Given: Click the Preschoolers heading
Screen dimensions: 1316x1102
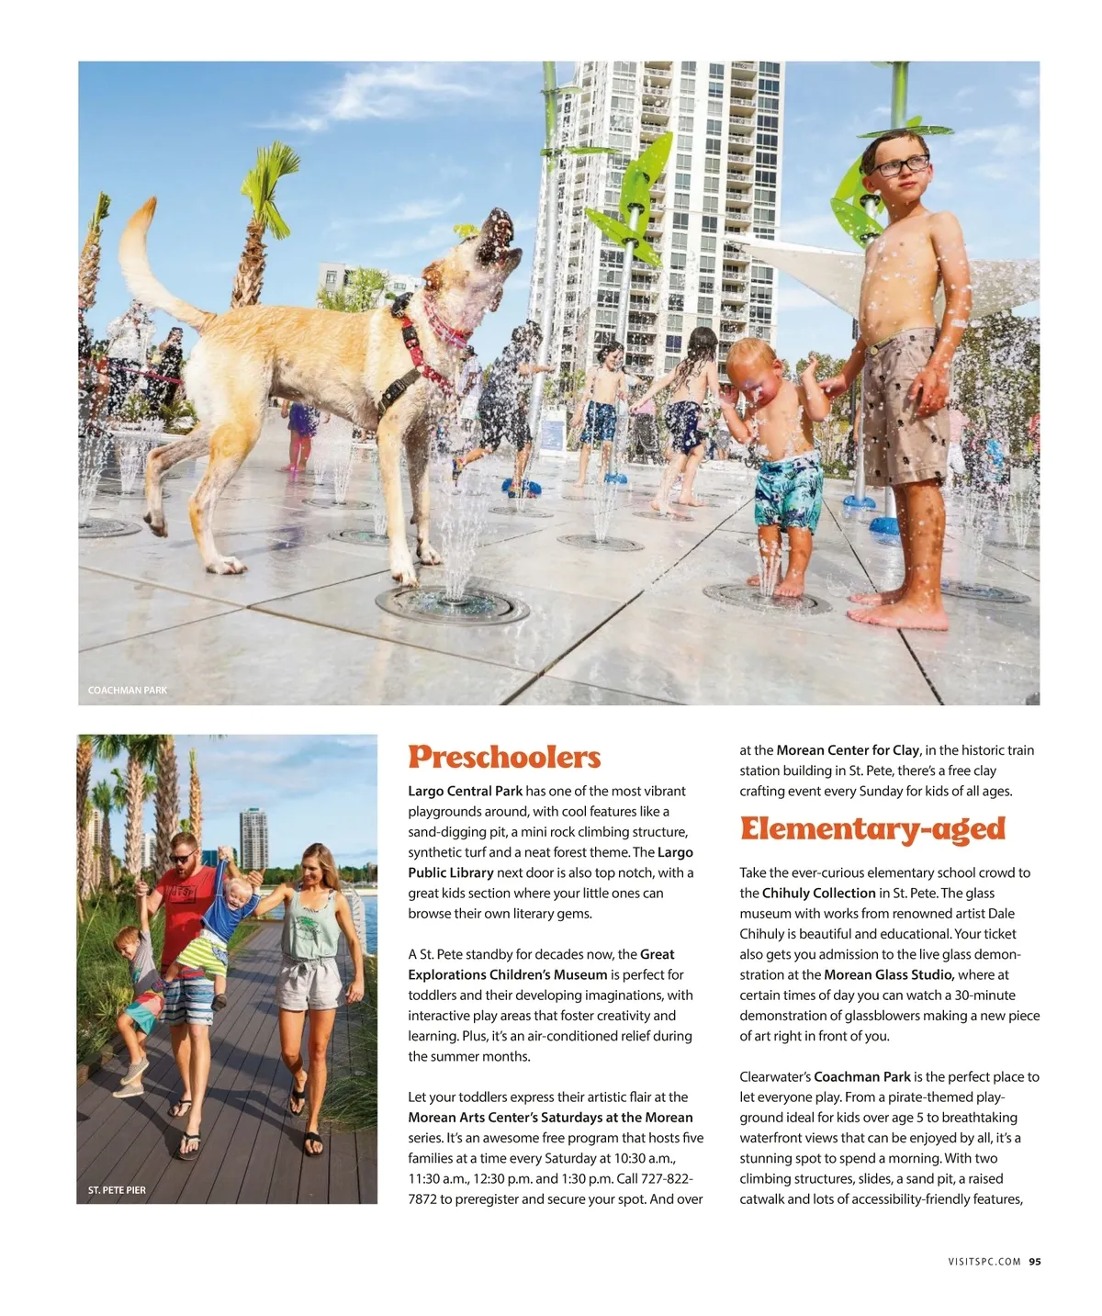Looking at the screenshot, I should tap(504, 757).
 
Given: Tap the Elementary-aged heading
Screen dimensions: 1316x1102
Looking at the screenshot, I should tap(872, 828).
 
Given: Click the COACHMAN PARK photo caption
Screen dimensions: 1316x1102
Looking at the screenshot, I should tap(128, 690).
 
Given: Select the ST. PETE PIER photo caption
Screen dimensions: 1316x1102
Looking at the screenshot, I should tap(117, 1189).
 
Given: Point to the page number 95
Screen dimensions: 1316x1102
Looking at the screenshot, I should tap(1035, 1261).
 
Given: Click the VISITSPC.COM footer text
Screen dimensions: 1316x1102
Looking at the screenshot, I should tap(984, 1261).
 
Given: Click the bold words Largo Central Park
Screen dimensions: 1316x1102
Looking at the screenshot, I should tap(465, 791).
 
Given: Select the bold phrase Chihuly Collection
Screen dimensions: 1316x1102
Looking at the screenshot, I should tap(818, 893).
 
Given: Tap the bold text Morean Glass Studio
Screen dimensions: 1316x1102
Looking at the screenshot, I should tap(889, 974).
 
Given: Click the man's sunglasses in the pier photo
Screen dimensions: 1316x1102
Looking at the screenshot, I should tap(182, 858).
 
